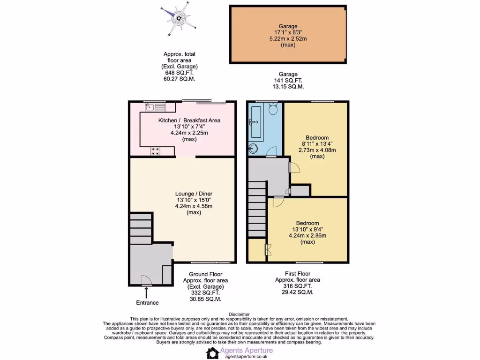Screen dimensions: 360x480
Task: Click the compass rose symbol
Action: click(178, 19)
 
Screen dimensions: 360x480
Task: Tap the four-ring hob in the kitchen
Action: click(155, 151)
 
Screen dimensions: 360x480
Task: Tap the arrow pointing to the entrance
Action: click(147, 293)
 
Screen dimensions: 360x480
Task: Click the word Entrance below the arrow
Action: click(147, 303)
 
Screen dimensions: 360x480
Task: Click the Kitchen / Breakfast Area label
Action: click(189, 120)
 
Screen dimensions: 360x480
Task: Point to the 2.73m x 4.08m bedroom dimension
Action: click(317, 150)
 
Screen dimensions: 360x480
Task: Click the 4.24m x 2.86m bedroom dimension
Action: click(307, 236)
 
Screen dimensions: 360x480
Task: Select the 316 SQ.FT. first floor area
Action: click(298, 285)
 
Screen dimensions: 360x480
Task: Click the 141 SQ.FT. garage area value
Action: click(288, 81)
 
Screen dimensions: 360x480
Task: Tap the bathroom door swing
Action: click(271, 151)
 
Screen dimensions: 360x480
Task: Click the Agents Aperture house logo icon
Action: click(212, 352)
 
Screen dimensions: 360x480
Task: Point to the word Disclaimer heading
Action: click(240, 314)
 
